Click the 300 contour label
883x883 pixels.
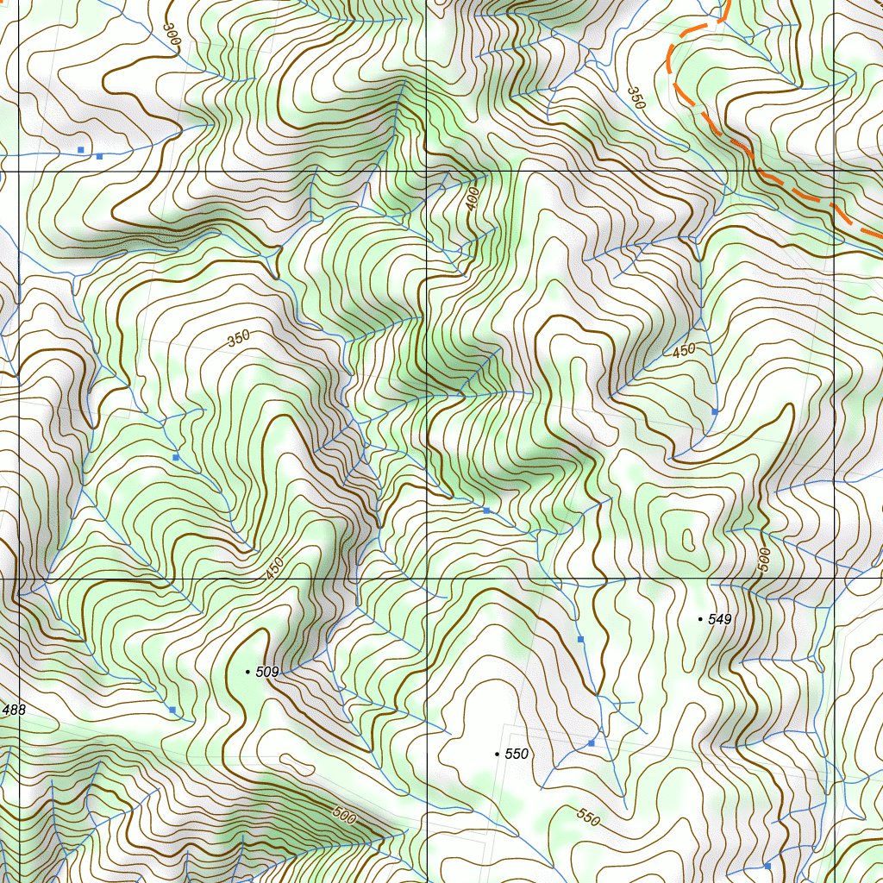pos(172,35)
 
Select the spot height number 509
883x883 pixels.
pos(267,672)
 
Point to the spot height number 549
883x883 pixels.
pos(719,619)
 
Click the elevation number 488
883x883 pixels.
pos(14,710)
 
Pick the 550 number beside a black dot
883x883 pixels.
pos(516,755)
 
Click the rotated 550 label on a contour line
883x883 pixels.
pos(588,815)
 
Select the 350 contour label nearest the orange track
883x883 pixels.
pos(636,97)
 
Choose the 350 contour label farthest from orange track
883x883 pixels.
pos(239,338)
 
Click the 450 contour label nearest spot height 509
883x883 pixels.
pos(274,568)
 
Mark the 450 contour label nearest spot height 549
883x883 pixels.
pos(683,350)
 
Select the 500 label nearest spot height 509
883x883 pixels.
pos(343,815)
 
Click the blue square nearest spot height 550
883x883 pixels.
pos(592,742)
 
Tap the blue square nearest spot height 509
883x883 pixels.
pos(172,710)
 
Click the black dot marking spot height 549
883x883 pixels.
pos(699,619)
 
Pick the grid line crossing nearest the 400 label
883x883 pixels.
pos(427,172)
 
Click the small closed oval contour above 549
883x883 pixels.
pos(687,541)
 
